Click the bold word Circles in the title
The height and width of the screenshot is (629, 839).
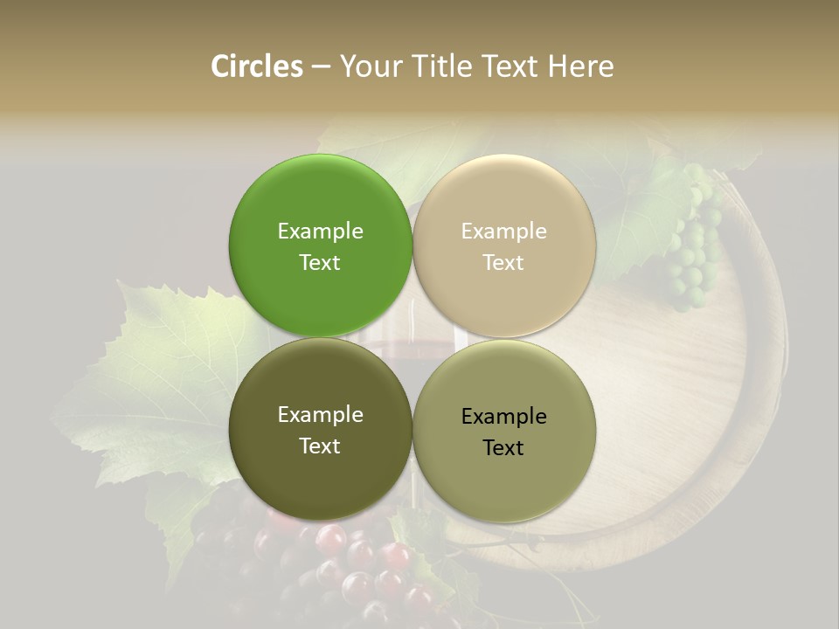pyautogui.click(x=257, y=66)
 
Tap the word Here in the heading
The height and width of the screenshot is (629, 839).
pyautogui.click(x=580, y=66)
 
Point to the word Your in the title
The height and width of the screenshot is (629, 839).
pyautogui.click(x=371, y=66)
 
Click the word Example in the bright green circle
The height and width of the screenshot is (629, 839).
pyautogui.click(x=320, y=232)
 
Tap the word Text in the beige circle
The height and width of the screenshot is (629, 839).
pyautogui.click(x=503, y=263)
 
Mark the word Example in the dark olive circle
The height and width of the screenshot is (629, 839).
pyautogui.click(x=320, y=415)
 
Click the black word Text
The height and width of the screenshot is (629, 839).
pyautogui.click(x=503, y=448)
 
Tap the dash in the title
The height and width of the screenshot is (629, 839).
pyautogui.click(x=321, y=66)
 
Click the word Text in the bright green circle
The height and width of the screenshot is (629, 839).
pyautogui.click(x=320, y=263)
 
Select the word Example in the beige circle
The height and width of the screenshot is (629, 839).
pyautogui.click(x=503, y=232)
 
